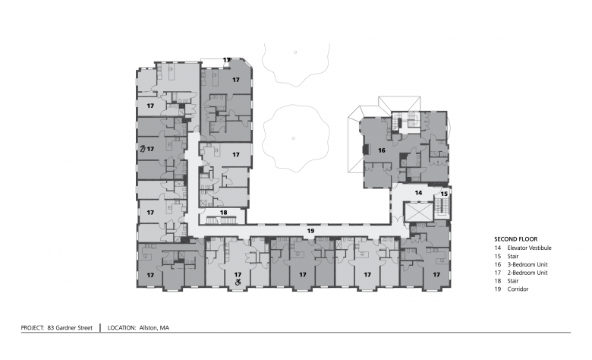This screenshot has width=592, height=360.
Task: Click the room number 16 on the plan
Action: tap(382, 150)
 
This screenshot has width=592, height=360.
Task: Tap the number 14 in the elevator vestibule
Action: tap(418, 193)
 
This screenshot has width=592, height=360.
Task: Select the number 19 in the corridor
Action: tap(310, 230)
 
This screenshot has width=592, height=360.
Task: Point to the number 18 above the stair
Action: tap(223, 213)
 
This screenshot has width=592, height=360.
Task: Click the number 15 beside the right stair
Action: tap(444, 194)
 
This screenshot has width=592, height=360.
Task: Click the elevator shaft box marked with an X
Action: tap(418, 212)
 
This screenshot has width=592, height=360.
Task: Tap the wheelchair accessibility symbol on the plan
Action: tap(238, 282)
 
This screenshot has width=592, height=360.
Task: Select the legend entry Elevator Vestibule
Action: tap(529, 248)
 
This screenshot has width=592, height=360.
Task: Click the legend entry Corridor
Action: tap(518, 289)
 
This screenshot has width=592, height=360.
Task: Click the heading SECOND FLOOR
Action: tap(516, 239)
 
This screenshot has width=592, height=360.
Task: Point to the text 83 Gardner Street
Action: tap(70, 328)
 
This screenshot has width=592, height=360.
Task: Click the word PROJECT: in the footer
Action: tap(33, 328)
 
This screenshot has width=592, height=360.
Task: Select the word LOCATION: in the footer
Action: tap(121, 328)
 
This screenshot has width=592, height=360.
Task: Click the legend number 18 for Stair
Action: tap(498, 281)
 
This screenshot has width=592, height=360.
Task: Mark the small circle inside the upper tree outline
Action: tap(295, 52)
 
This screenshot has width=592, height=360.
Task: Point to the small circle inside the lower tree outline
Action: tap(294, 138)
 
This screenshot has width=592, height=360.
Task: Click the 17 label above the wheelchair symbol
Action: tap(238, 275)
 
